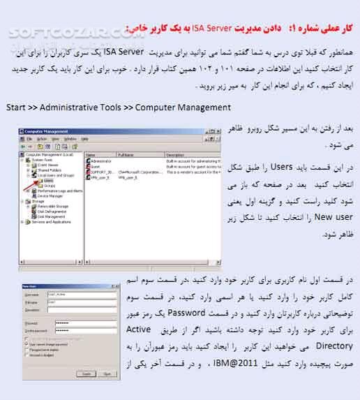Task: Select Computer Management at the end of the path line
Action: coord(183,108)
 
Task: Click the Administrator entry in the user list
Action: coord(100,160)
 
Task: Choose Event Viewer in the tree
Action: coord(49,164)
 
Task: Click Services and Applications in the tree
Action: coord(50,222)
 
